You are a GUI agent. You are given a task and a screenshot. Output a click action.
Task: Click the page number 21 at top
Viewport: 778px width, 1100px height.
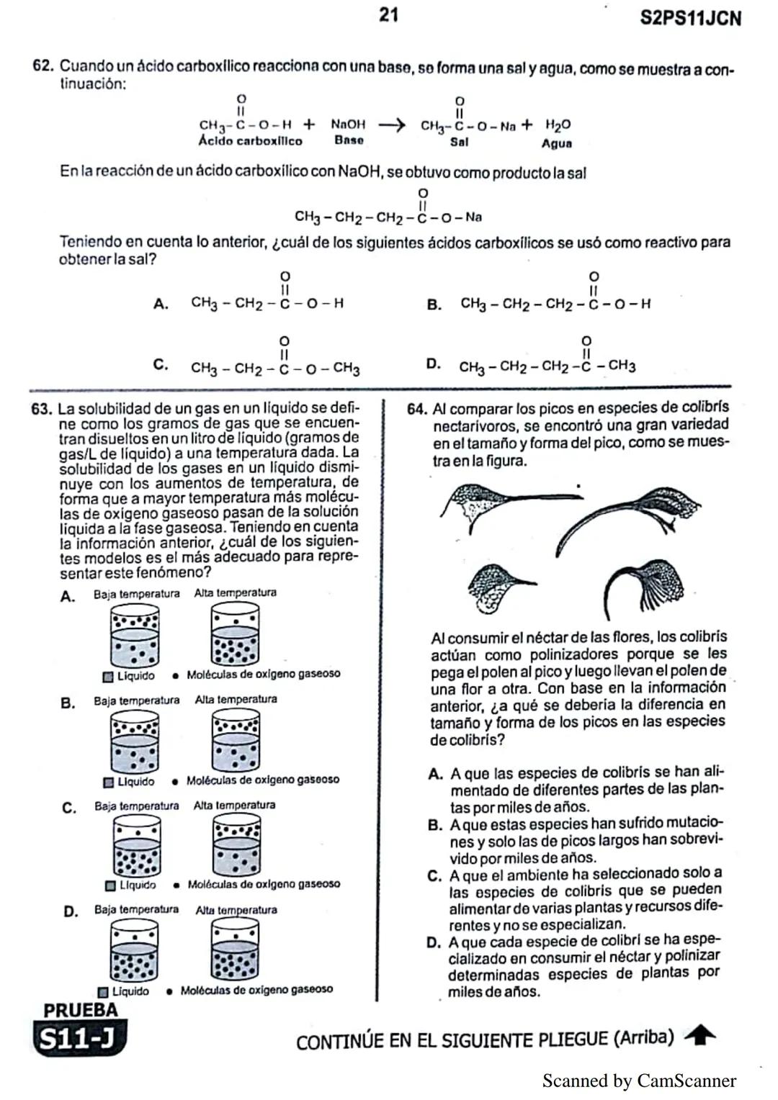388,14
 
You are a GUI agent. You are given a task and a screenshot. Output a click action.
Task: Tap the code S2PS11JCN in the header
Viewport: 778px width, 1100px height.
689,19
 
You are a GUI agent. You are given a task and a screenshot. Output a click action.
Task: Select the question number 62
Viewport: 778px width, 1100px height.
43,66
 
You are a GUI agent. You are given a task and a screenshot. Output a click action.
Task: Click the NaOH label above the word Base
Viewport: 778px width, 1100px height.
348,125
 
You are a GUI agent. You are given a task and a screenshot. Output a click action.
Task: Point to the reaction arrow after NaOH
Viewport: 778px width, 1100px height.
392,125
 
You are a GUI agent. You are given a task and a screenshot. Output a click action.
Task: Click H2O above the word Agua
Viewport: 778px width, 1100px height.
558,125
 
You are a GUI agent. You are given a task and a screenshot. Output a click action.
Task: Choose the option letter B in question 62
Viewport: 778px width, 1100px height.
434,305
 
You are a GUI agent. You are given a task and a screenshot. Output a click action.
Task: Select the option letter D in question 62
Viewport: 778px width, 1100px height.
433,364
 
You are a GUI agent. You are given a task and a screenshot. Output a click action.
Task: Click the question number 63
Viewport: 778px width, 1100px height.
41,410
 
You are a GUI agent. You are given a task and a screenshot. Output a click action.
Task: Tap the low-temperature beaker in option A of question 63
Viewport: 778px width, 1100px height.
134,635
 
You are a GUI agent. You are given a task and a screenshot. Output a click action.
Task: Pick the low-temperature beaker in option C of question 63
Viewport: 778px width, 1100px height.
136,847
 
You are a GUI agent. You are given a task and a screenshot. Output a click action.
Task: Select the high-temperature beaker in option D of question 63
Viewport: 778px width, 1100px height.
235,951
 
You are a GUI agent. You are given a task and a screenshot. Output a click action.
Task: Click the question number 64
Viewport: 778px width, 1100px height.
417,410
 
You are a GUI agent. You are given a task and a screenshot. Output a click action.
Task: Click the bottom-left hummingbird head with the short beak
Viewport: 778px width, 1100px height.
497,585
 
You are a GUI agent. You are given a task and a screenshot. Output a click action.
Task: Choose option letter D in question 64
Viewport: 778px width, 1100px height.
433,942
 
